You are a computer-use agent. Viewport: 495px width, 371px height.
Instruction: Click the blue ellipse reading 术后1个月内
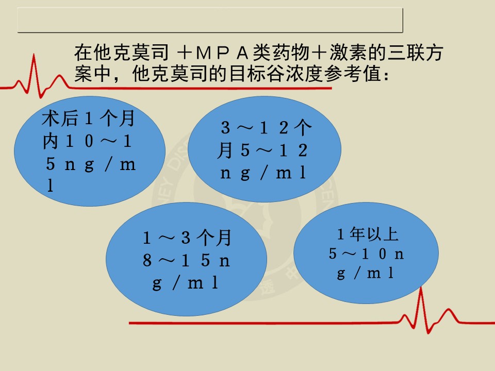90,151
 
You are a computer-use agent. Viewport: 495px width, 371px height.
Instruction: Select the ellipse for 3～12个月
265,149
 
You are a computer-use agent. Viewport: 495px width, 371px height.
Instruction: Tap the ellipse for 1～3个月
186,259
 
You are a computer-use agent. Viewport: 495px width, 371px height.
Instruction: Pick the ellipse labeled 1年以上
366,253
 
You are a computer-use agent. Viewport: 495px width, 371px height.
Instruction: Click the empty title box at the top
210,20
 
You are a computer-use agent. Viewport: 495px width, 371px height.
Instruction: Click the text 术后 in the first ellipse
60,119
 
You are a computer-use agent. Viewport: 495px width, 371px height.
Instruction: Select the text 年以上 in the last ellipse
374,234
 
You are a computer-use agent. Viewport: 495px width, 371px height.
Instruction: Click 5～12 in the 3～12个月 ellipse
274,150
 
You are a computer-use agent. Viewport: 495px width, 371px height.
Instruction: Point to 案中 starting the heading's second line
93,74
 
